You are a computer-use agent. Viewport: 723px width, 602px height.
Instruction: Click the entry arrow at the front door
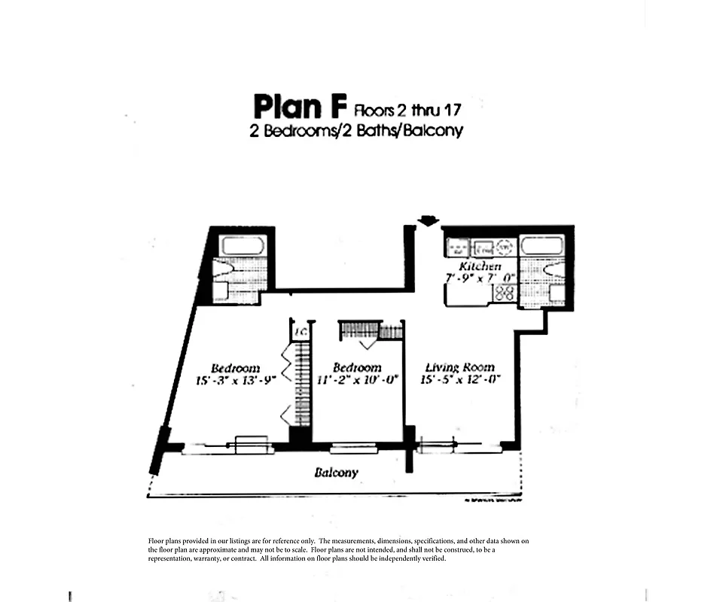point(428,220)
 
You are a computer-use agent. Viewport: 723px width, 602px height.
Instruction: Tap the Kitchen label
point(480,266)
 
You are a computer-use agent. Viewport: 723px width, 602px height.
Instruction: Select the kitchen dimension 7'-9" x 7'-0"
point(479,278)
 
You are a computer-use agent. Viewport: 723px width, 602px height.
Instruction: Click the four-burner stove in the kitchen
point(505,293)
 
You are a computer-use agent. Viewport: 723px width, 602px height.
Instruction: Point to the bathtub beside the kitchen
point(541,246)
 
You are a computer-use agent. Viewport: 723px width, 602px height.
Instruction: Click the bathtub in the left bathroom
point(241,246)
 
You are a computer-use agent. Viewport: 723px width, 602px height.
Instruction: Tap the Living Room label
point(459,367)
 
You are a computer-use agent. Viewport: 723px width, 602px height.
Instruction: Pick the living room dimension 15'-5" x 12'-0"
point(459,380)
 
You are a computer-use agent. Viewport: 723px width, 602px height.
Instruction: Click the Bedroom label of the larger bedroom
point(235,368)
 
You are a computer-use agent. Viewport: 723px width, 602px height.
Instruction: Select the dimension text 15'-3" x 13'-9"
point(236,381)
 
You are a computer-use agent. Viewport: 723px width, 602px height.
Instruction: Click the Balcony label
point(336,473)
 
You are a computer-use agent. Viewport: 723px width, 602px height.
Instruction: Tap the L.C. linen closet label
point(299,331)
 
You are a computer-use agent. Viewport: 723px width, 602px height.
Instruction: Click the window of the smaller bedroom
point(354,448)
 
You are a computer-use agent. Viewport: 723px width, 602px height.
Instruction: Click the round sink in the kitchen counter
point(504,246)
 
